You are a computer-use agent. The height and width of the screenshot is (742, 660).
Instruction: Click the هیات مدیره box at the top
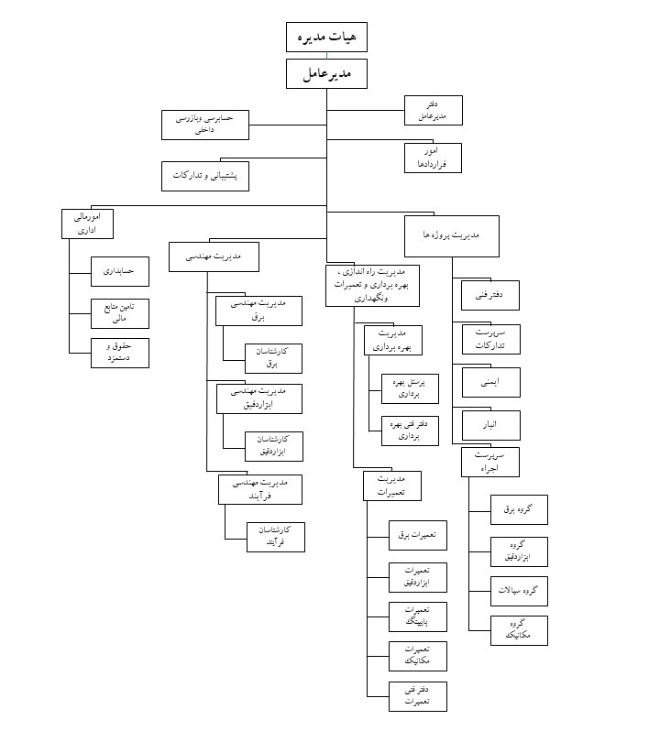coord(327,37)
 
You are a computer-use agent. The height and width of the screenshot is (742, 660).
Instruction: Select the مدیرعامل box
coord(327,74)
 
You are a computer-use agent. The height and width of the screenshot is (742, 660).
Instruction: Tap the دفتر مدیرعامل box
coord(434,110)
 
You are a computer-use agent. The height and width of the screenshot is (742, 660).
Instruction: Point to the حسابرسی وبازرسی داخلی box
coord(205,125)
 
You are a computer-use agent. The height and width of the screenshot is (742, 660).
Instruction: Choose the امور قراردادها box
coord(433,158)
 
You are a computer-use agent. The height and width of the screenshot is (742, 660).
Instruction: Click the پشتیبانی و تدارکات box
coord(205,176)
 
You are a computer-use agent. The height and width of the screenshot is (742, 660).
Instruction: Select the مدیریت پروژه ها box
coord(452,235)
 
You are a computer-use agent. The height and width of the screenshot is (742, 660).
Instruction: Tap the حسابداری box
coord(119,272)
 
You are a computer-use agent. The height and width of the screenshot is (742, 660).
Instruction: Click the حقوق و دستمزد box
coord(119,353)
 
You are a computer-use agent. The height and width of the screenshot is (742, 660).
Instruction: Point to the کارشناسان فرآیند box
coord(276,537)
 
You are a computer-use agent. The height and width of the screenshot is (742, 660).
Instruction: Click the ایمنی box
coord(490,378)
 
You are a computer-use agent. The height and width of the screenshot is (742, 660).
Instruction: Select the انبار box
coord(490,425)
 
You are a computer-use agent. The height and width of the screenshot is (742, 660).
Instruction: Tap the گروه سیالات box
coord(520,591)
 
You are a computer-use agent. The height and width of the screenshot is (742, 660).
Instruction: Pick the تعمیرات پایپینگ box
coord(418,616)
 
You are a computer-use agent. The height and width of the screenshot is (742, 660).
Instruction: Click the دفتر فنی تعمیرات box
coord(418,695)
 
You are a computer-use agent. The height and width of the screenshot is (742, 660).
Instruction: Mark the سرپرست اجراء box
coord(490,461)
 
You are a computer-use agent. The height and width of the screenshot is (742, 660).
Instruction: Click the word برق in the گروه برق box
coord(509,509)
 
